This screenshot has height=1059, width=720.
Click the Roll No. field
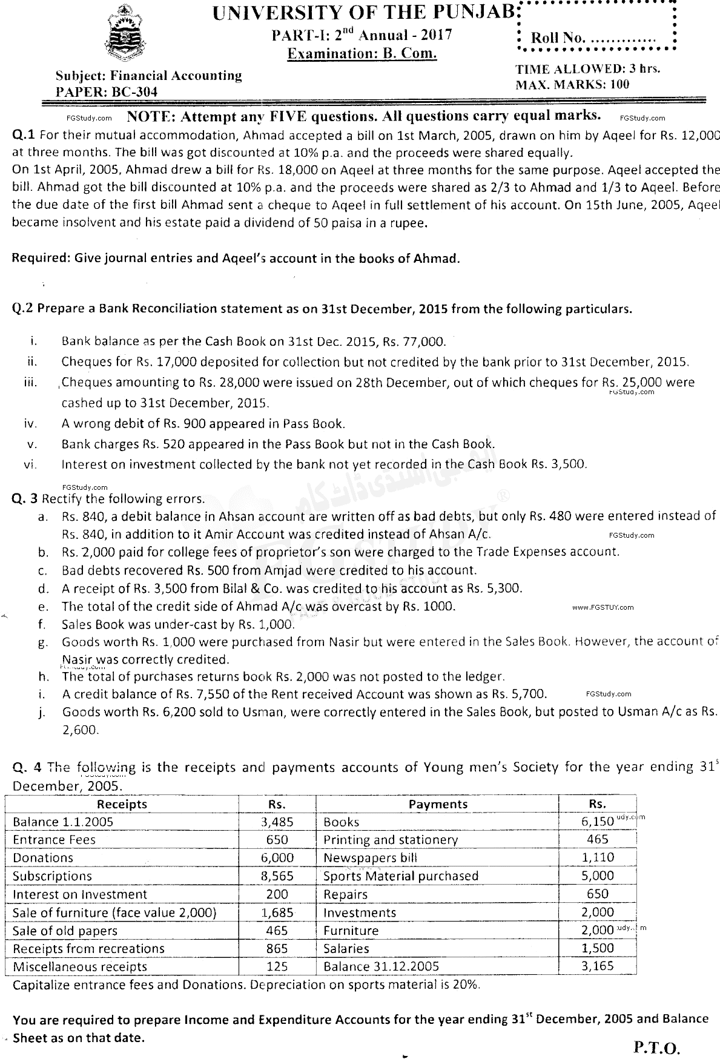click(x=593, y=38)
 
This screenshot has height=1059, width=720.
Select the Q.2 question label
click(x=22, y=309)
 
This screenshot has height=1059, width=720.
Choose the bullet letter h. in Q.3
click(x=43, y=676)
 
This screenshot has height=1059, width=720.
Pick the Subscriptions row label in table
click(x=53, y=876)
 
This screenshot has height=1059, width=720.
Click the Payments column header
click(x=438, y=804)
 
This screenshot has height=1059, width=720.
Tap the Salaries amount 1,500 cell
click(x=597, y=948)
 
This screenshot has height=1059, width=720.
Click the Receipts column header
click(x=122, y=804)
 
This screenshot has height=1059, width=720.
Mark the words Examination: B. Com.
click(x=362, y=53)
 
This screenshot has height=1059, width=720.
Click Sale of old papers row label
click(x=65, y=931)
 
